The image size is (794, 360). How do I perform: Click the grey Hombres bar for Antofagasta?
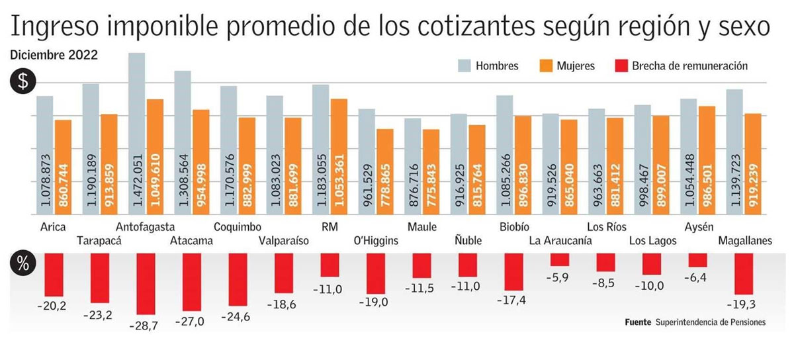tap(136, 132)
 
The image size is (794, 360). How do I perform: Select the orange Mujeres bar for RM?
tap(339, 156)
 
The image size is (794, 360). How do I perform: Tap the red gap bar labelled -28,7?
tap(146, 283)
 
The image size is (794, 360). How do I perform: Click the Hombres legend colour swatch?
tap(465, 66)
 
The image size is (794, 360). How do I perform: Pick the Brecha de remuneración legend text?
tap(690, 66)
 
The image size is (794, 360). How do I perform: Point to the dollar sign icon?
tap(22, 82)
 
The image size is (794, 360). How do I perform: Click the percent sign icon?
tap(22, 265)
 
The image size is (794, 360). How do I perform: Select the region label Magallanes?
tap(745, 241)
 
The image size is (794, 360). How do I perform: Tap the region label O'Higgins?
tap(376, 241)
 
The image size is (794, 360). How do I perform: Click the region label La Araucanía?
tap(560, 241)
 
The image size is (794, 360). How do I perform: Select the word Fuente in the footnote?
tap(638, 322)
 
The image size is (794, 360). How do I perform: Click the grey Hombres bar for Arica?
tap(44, 155)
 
